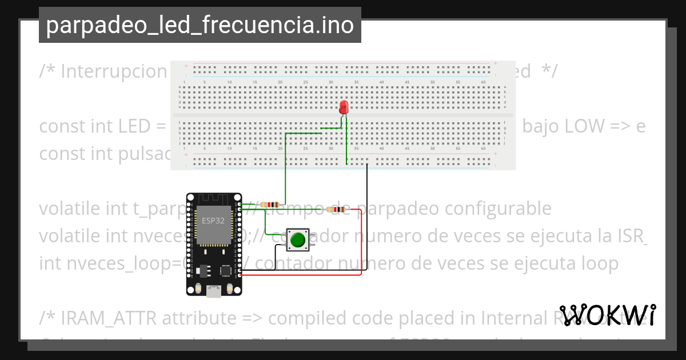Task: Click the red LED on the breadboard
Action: click(344, 107)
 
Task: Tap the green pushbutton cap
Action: click(297, 240)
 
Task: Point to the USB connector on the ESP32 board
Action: click(214, 291)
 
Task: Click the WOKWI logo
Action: click(608, 315)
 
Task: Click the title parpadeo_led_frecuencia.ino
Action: click(200, 25)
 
